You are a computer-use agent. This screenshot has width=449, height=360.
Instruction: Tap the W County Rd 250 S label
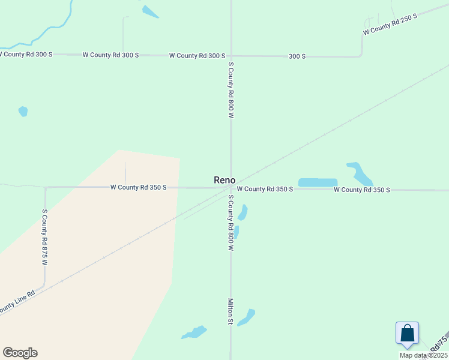390,23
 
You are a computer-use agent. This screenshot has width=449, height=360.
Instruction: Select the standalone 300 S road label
297,56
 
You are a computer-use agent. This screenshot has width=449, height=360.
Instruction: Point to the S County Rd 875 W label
44,237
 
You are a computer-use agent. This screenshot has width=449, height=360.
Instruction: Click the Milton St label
230,311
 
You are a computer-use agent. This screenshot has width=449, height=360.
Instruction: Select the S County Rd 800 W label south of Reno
230,223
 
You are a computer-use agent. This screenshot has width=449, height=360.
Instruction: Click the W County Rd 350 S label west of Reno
138,187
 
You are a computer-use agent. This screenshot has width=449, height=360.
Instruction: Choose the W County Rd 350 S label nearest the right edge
362,190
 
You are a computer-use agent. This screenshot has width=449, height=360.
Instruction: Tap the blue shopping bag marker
407,333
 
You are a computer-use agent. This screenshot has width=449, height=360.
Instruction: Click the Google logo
20,353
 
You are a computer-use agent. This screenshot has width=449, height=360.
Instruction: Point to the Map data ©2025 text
423,355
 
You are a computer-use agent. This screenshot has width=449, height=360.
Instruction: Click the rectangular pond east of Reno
318,182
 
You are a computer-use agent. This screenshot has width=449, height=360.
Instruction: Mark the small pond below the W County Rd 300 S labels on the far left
23,111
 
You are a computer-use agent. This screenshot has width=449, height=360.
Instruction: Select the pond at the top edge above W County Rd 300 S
150,11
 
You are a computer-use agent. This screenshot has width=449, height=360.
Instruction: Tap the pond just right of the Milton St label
246,317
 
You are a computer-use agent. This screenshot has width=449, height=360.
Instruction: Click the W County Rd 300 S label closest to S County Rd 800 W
197,55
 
